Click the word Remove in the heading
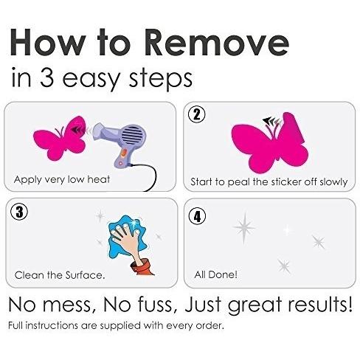[x=216, y=42]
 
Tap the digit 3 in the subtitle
[x=46, y=77]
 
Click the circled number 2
[x=197, y=114]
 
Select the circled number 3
[x=19, y=212]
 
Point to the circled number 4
[x=198, y=217]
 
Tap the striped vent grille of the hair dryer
[x=133, y=136]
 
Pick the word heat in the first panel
[x=99, y=179]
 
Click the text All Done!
[x=215, y=274]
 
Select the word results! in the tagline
[x=320, y=305]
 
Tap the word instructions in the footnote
[x=52, y=325]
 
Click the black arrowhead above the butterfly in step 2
[x=266, y=120]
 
